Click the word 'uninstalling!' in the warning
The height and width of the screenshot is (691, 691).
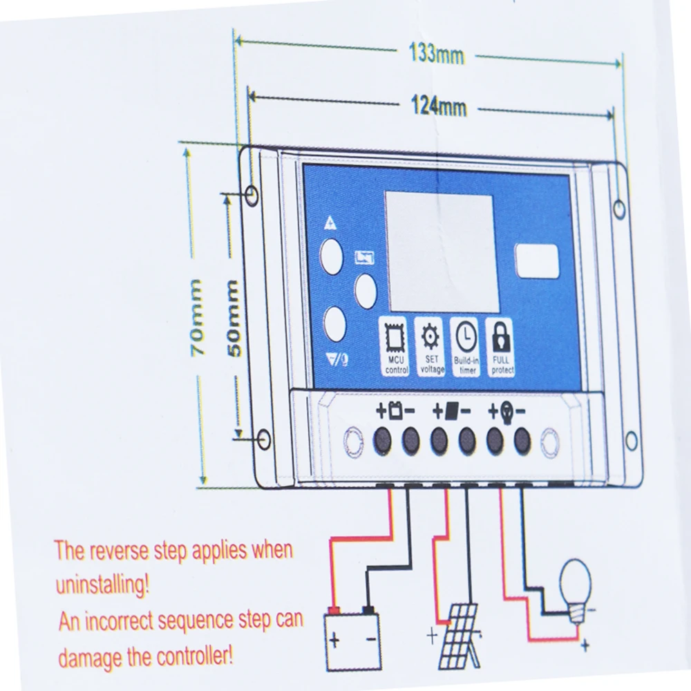(102, 586)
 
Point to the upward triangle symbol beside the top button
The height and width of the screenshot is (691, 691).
(330, 223)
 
